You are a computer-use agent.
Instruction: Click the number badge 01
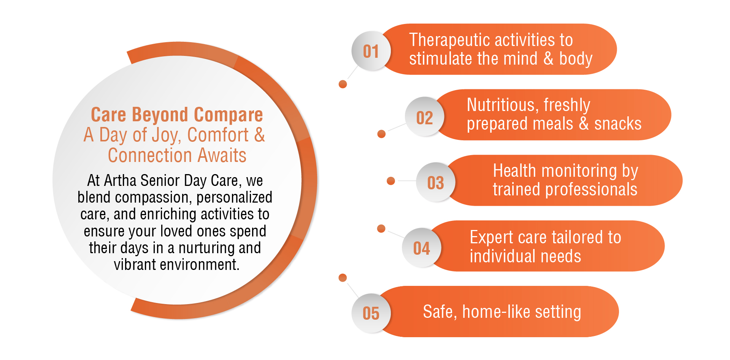click(x=371, y=51)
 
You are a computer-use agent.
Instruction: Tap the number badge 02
click(x=425, y=117)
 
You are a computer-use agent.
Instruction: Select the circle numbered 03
click(x=436, y=182)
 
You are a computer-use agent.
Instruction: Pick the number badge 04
click(x=422, y=248)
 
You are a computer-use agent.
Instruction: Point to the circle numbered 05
click(x=371, y=313)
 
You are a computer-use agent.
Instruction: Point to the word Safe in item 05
click(x=440, y=312)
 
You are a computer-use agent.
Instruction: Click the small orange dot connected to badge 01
click(x=343, y=84)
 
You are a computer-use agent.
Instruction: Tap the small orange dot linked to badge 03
click(x=390, y=181)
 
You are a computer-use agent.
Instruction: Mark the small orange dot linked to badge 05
click(x=343, y=278)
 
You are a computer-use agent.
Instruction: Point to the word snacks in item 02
click(x=618, y=124)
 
